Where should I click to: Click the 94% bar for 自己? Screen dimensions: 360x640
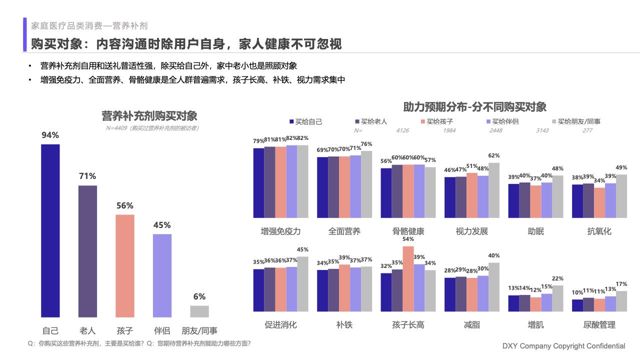[x=50, y=230]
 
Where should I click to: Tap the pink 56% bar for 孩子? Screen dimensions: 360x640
[x=125, y=265]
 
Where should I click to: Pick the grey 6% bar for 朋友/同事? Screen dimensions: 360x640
[x=199, y=311]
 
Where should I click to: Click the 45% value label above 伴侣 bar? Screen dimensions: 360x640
[x=162, y=225]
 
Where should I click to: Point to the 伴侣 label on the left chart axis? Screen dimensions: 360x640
[x=162, y=330]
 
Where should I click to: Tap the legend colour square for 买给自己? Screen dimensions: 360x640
[x=291, y=121]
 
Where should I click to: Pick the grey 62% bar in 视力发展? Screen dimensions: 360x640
[x=494, y=190]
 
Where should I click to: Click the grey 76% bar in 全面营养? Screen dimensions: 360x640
[x=367, y=184]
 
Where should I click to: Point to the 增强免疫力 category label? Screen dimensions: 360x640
[x=280, y=231]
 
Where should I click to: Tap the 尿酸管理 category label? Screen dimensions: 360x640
[x=599, y=325]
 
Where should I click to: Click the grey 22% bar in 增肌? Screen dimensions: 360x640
[x=557, y=301]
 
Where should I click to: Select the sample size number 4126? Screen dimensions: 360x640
[x=402, y=130]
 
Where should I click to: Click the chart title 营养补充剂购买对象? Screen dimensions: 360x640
[x=149, y=116]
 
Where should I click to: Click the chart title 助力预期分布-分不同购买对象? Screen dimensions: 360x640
[x=474, y=107]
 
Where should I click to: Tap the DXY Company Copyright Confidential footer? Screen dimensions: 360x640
[x=563, y=346]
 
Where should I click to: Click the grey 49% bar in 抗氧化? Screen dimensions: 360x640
[x=621, y=196]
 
